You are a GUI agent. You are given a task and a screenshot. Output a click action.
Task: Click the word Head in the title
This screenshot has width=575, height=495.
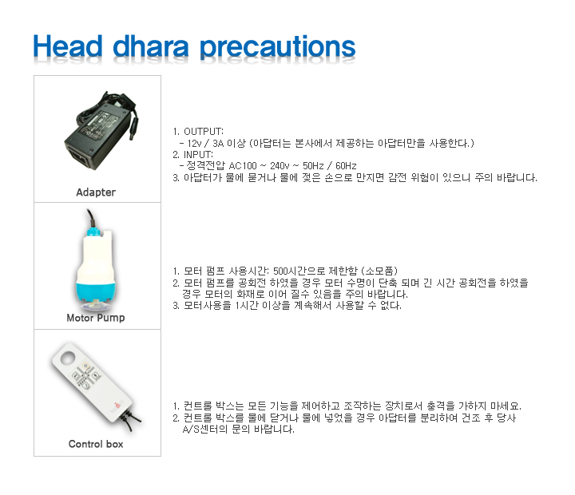click(x=68, y=46)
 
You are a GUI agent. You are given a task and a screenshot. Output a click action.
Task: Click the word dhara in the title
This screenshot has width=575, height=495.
click(x=151, y=46)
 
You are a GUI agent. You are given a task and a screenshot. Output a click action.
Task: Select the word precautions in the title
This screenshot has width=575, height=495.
click(x=278, y=48)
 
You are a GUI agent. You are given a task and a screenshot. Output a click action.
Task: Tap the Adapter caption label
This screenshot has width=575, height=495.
click(x=96, y=192)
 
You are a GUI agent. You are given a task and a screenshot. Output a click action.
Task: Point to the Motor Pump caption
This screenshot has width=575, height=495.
click(x=96, y=318)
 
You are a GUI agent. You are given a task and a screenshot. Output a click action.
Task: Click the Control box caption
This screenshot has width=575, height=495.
click(x=96, y=444)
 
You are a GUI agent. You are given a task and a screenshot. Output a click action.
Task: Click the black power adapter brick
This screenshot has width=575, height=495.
click(x=101, y=132)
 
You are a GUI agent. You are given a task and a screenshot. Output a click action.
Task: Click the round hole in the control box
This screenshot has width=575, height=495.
click(x=67, y=358)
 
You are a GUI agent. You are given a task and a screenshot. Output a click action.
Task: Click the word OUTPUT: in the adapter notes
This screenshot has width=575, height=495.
click(x=204, y=131)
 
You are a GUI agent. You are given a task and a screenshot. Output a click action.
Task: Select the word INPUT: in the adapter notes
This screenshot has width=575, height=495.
click(x=198, y=154)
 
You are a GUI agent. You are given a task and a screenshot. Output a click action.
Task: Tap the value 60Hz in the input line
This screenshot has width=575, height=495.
click(x=346, y=166)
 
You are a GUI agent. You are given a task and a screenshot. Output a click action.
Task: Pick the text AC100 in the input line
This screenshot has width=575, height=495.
click(x=243, y=166)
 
